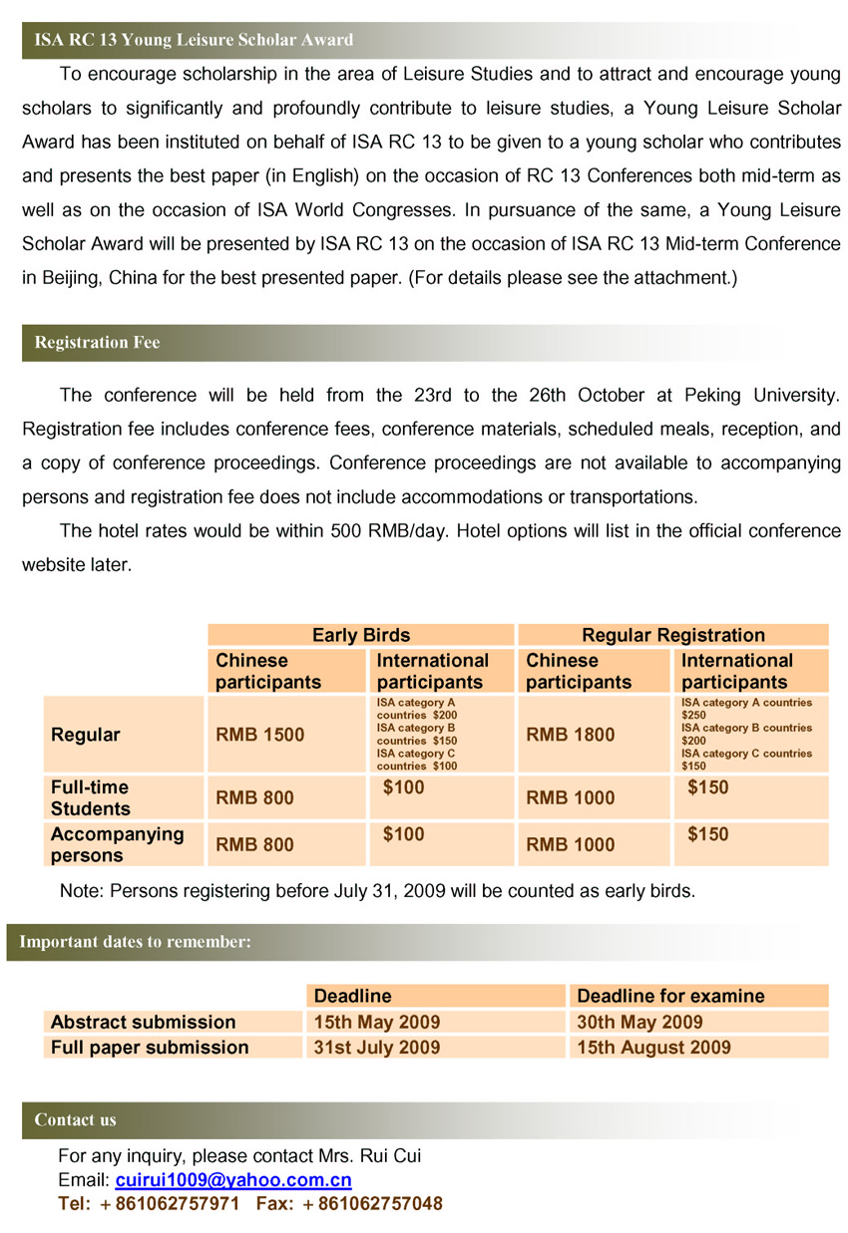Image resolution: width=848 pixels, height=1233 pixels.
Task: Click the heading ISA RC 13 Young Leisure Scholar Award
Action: [x=194, y=41]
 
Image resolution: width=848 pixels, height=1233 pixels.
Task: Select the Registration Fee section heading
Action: [x=97, y=343]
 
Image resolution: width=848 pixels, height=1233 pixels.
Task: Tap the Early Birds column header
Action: [x=360, y=635]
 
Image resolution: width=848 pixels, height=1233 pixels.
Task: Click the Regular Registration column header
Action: [x=672, y=635]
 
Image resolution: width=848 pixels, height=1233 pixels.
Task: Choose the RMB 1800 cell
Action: [x=570, y=736]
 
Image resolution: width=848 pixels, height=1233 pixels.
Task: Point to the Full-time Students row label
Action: [x=90, y=798]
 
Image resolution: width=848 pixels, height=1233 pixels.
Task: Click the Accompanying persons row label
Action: [x=117, y=844]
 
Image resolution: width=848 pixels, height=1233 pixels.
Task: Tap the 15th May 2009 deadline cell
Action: [x=376, y=1022]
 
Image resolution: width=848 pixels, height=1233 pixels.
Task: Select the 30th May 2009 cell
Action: [x=639, y=1022]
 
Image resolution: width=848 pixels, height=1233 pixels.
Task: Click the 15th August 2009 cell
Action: [x=653, y=1048]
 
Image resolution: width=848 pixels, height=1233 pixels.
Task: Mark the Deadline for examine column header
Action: [x=670, y=996]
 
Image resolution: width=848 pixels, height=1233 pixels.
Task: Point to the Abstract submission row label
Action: [x=143, y=1022]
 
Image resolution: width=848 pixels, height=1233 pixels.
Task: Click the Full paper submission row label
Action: [x=150, y=1048]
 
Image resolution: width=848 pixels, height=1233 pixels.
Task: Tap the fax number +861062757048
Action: [x=372, y=1204]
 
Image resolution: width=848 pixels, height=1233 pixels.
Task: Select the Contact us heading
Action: [x=75, y=1120]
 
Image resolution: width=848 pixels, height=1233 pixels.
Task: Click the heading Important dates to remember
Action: [x=135, y=941]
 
